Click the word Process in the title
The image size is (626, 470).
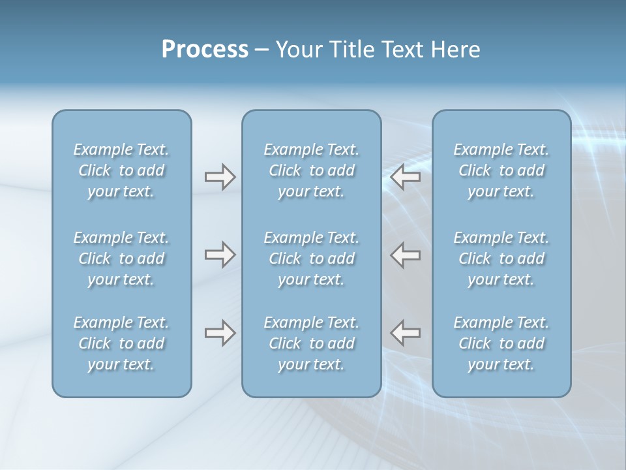point(205,50)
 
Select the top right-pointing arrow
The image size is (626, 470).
point(220,177)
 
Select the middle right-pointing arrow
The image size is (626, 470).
point(220,255)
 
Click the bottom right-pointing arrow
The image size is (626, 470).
point(220,333)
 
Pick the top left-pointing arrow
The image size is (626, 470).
point(406,177)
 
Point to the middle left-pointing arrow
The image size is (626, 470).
point(406,255)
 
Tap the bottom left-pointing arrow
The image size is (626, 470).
point(406,333)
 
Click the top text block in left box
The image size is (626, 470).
point(121,170)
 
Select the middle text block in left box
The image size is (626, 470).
point(121,258)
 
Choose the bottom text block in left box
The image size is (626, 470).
point(121,343)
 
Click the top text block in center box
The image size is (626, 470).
point(311,170)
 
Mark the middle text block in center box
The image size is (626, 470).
point(311,258)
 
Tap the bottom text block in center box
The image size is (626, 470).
point(311,343)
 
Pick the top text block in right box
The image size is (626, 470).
point(501,170)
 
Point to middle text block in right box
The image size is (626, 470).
point(501,258)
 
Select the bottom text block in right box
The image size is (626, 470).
point(501,343)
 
